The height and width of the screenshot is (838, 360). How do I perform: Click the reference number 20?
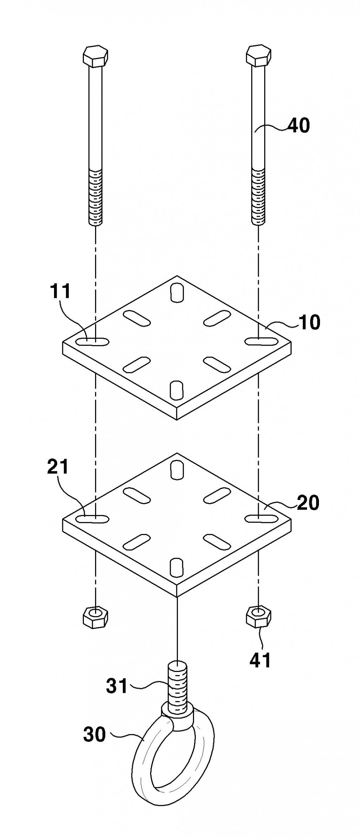(308, 503)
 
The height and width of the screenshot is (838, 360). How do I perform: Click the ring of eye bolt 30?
(143, 769)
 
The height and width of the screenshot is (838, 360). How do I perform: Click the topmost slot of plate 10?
(177, 292)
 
